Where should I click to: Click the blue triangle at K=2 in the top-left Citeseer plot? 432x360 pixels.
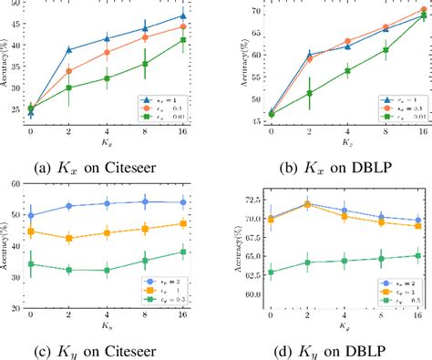69,49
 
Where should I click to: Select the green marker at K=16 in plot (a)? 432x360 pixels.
183,40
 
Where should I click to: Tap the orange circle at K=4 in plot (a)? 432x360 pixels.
108,53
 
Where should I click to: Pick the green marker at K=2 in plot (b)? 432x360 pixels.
309,93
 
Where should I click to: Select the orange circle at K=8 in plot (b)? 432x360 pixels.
385,27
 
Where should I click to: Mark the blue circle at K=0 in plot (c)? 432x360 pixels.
31,216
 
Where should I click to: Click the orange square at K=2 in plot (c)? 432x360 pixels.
69,238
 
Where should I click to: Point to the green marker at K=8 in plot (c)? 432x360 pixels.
145,261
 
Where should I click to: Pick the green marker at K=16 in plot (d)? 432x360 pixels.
417,256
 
